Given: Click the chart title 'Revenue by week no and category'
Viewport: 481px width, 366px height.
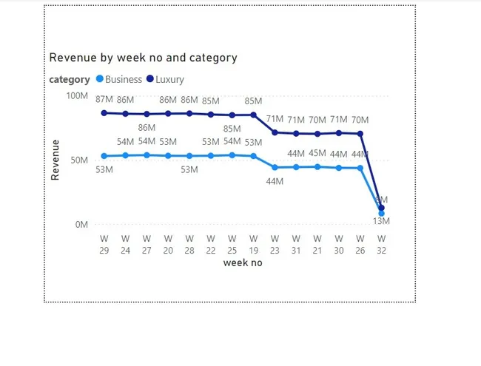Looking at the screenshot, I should (x=143, y=58).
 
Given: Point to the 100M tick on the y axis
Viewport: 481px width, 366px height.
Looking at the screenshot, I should (x=77, y=96).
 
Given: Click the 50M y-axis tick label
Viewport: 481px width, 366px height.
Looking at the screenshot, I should (x=79, y=160).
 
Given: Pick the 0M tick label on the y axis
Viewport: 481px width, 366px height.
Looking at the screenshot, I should (x=81, y=224).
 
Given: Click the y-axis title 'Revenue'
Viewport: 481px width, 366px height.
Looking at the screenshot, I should (x=55, y=160).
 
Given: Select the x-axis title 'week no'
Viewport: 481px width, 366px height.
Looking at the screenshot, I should (x=243, y=262).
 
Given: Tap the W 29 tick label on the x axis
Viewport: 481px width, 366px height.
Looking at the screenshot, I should (x=104, y=245).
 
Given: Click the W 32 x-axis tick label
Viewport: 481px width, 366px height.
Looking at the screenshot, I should (x=382, y=245).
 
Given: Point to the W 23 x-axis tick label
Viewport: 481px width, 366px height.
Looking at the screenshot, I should (x=275, y=245).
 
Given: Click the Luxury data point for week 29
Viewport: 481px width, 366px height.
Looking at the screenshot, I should (x=104, y=112).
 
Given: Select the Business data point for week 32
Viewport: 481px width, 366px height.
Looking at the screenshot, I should (x=382, y=214).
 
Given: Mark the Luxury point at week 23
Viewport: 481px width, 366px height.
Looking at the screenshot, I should (x=275, y=132).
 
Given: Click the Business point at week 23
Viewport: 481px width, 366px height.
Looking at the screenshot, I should (x=275, y=167).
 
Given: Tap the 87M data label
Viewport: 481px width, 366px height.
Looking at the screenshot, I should (x=104, y=100).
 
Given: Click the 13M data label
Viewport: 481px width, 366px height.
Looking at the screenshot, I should (x=382, y=221).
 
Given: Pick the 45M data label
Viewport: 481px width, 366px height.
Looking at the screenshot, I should (x=317, y=154).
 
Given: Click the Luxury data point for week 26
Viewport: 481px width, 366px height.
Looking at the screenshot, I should (x=360, y=134).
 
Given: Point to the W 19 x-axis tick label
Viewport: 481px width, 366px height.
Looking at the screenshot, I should (x=254, y=245).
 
